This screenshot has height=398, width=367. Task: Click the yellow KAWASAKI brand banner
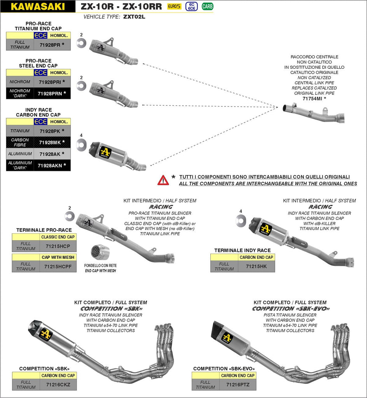38,6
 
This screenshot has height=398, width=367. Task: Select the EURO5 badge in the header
174,6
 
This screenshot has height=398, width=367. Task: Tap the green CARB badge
207,6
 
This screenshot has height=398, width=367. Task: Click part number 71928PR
50,45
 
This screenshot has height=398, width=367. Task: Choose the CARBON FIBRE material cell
20,143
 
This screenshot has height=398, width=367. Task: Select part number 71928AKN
49,166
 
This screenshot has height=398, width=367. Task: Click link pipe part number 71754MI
312,99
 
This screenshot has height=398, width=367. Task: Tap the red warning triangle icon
163,180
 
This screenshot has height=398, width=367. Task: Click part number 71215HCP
58,246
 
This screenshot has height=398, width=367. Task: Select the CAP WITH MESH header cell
58,257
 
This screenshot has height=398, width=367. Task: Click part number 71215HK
256,266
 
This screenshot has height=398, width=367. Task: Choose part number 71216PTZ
238,385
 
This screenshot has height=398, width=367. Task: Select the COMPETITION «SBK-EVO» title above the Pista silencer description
290,309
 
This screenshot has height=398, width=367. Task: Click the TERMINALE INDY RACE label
242,251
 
